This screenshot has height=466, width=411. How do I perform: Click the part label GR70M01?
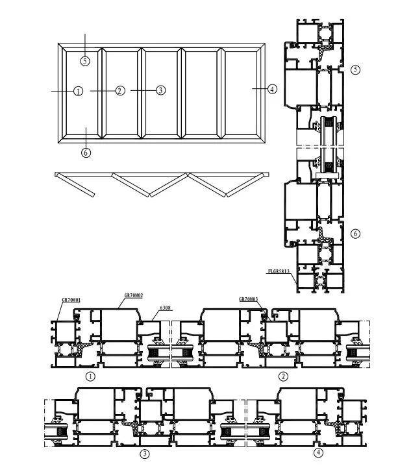click(x=72, y=300)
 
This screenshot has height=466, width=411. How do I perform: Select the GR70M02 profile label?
click(x=134, y=295)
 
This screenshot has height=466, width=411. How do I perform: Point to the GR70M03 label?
click(x=249, y=299)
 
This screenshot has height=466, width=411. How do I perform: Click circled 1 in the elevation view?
click(x=78, y=91)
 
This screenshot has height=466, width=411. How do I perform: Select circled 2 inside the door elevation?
click(x=119, y=91)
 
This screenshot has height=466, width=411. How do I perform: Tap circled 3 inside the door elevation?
click(x=161, y=91)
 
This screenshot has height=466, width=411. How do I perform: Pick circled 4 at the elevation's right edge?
click(x=272, y=89)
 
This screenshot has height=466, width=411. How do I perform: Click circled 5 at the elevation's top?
click(x=86, y=61)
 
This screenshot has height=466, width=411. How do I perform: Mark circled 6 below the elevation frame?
click(x=86, y=153)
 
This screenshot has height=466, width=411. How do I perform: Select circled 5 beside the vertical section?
click(x=355, y=69)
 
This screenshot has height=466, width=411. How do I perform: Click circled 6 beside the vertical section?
click(x=355, y=233)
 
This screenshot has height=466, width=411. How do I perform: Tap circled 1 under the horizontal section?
click(x=90, y=375)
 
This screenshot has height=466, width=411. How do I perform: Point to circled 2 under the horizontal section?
click(x=283, y=375)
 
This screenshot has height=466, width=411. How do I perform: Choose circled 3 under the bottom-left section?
click(x=145, y=454)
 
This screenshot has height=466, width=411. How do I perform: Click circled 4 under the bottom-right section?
click(x=318, y=452)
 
